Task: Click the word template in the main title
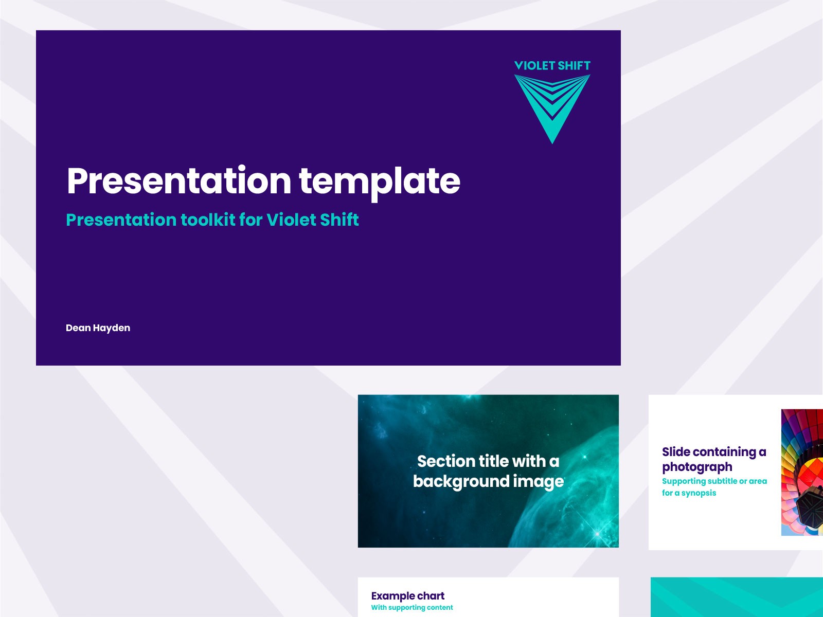pos(379,181)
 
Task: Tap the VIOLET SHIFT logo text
pos(552,66)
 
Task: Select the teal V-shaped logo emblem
pos(552,105)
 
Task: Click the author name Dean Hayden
pos(98,328)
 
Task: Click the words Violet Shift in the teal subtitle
pos(313,220)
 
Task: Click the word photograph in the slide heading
pos(697,467)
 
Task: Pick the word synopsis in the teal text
pos(699,493)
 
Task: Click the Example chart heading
pos(407,596)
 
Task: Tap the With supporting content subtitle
pos(411,608)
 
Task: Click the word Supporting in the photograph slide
pos(684,481)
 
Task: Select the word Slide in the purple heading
pos(676,452)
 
